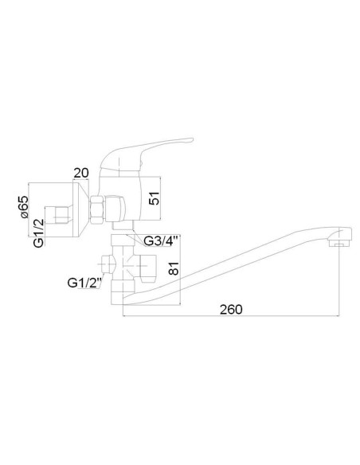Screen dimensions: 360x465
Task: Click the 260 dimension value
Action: (x=231, y=309)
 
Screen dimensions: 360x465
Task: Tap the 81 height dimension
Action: (x=174, y=268)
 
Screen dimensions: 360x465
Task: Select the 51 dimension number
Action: (x=155, y=198)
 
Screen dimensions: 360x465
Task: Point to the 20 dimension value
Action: (x=81, y=173)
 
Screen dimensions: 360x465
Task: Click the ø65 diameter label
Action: (x=24, y=207)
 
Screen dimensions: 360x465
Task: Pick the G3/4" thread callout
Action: (x=161, y=241)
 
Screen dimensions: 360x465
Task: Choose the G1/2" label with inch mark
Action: (x=84, y=283)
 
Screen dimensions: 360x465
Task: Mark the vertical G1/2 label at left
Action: (x=38, y=232)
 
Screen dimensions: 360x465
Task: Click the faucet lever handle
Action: (x=147, y=154)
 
